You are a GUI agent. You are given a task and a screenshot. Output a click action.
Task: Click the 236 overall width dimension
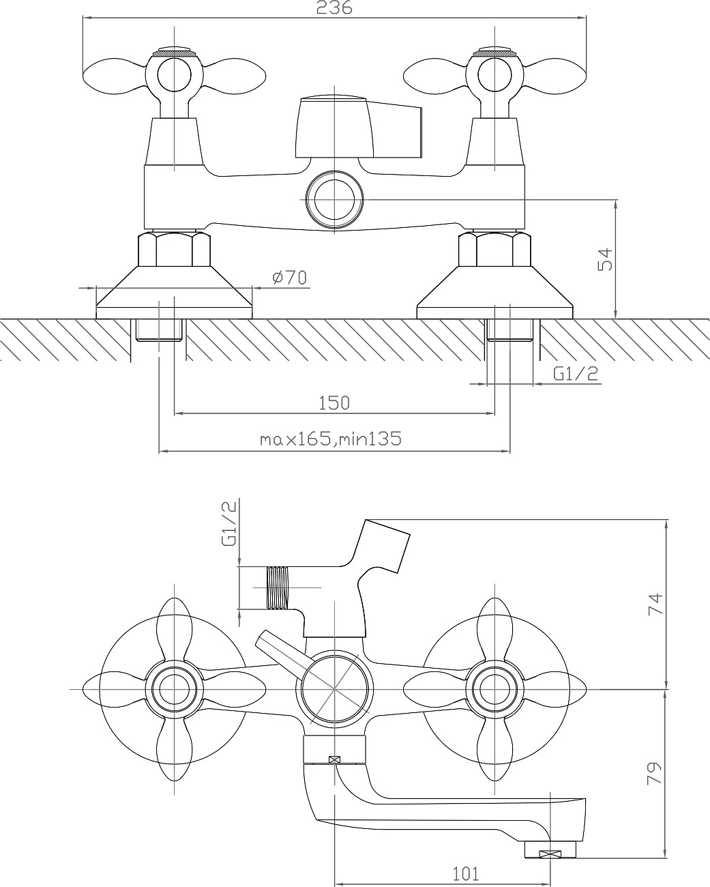tap(334, 8)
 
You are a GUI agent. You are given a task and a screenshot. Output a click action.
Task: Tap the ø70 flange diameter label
tap(290, 278)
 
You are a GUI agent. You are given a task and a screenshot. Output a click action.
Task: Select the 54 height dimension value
tap(606, 259)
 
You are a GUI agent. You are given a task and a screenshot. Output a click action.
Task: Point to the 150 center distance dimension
tap(334, 403)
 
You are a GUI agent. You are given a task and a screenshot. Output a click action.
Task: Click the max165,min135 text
tap(331, 439)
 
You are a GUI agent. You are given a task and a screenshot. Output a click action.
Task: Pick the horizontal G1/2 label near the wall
tap(575, 374)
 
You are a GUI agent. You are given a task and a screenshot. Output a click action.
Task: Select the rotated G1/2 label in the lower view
tap(230, 523)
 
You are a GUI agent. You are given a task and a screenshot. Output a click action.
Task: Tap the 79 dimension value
tap(655, 774)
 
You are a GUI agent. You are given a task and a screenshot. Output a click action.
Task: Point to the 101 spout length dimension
tap(466, 873)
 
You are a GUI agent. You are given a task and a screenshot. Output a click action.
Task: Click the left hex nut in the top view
tap(174, 249)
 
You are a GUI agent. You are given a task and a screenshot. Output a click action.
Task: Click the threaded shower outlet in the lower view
tap(278, 587)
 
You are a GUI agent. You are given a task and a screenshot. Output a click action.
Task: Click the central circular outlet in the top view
tap(334, 199)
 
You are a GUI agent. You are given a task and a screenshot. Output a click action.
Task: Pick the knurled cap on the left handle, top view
tap(174, 52)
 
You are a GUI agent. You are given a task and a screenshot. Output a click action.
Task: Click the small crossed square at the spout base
tap(334, 759)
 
